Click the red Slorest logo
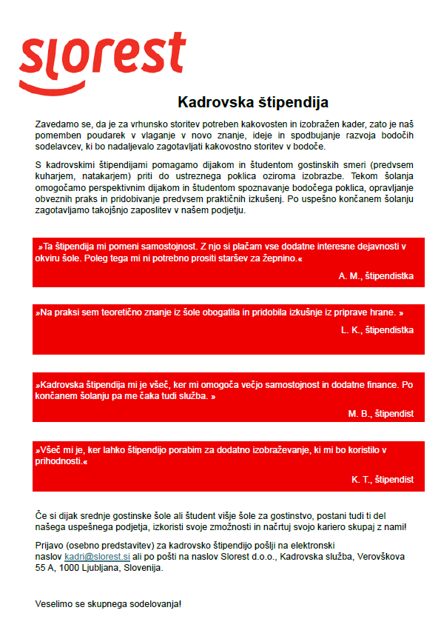(103, 58)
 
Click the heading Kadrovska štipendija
(252, 102)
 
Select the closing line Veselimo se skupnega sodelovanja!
(108, 603)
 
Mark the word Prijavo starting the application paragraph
(51, 545)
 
